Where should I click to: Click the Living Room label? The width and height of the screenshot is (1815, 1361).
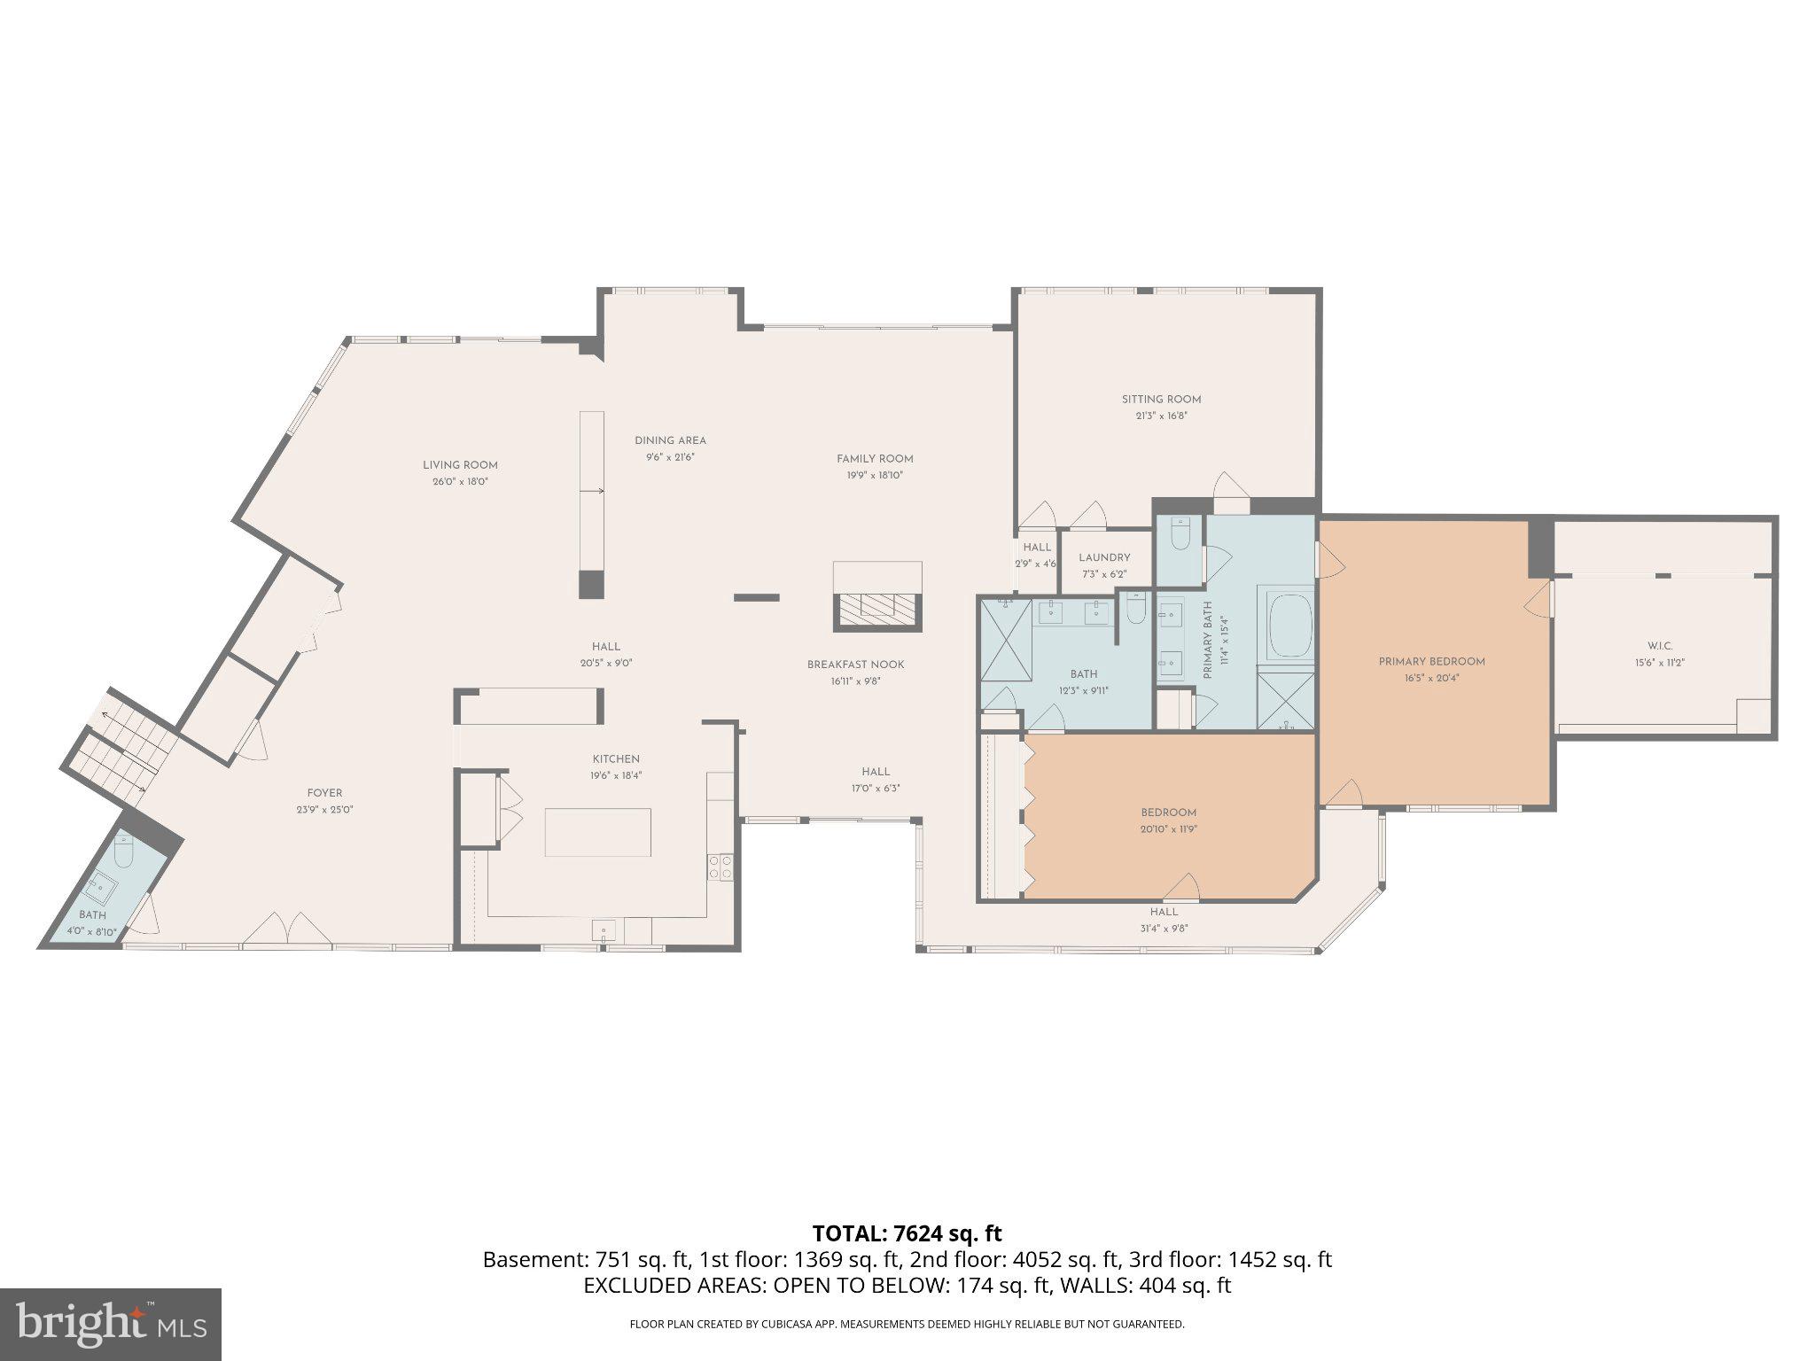459,465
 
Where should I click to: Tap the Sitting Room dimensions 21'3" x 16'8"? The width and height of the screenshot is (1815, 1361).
1161,416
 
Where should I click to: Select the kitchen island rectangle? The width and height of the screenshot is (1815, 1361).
597,832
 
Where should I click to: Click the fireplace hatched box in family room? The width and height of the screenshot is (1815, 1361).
877,608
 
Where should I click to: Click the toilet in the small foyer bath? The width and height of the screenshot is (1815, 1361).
123,852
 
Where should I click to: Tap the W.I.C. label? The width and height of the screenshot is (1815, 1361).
1660,646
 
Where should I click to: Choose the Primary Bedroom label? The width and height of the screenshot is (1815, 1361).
1431,662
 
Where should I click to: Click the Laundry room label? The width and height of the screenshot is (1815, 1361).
1104,557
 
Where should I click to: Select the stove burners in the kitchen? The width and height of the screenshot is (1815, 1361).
720,867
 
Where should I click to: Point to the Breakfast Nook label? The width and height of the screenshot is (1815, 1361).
855,665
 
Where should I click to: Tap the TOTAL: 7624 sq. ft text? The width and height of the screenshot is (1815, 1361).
907,1233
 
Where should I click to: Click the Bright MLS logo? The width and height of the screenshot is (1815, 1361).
110,1324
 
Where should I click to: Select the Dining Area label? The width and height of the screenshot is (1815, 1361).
670,440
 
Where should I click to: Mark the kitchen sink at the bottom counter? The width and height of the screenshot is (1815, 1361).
604,929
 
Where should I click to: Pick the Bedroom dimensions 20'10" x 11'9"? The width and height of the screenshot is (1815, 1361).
1168,829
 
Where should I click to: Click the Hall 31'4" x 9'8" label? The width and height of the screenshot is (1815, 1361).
1164,912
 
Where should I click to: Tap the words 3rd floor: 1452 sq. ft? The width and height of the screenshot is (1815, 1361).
1230,1260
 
